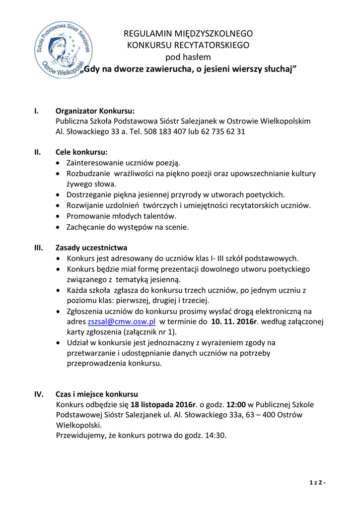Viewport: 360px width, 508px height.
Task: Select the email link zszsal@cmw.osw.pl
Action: [x=122, y=321]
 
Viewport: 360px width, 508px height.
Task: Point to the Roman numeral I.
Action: [x=36, y=111]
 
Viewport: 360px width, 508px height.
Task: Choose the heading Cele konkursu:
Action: [x=81, y=152]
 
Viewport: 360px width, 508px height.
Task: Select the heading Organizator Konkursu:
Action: [x=95, y=111]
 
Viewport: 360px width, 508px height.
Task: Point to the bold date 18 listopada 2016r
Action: [x=163, y=405]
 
